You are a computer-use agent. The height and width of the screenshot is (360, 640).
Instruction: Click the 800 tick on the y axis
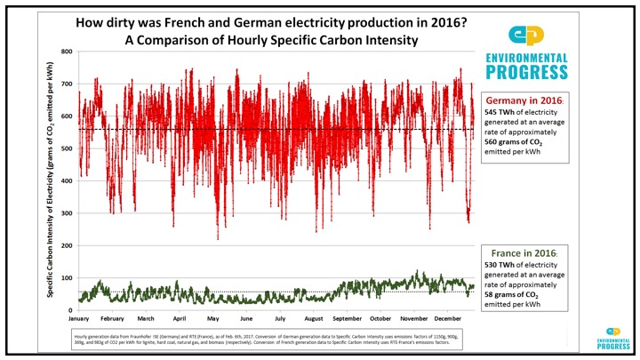(67, 52)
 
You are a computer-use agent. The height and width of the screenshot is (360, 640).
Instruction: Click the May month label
(213, 319)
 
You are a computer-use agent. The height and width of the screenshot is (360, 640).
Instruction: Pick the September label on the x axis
(348, 319)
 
